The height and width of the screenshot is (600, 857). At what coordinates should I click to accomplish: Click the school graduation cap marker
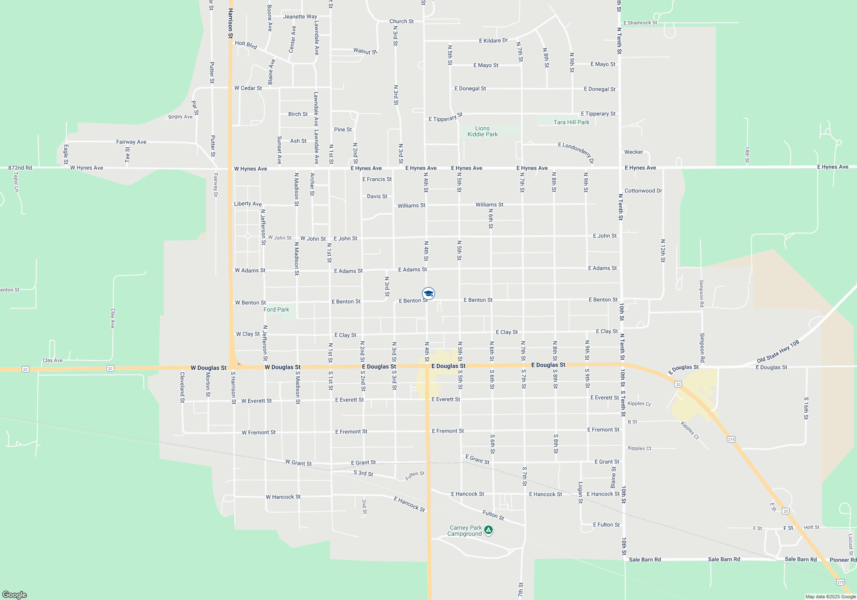[428, 294]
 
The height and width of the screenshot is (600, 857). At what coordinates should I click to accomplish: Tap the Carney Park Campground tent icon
[488, 530]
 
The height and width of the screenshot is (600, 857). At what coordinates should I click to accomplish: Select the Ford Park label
[276, 309]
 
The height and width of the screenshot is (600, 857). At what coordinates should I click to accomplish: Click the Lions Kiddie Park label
[482, 131]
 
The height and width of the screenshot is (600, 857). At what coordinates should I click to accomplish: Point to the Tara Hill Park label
[571, 122]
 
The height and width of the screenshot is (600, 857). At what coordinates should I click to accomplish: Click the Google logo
[15, 595]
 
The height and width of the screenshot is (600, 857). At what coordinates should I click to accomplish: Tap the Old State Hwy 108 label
[778, 351]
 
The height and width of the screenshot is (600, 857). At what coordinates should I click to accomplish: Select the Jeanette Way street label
[300, 17]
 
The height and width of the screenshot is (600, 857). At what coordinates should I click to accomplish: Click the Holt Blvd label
[246, 45]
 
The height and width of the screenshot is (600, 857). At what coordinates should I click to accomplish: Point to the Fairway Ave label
[131, 142]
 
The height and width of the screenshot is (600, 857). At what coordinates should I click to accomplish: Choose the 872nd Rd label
[20, 168]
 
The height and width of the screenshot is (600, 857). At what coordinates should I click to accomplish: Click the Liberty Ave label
[248, 204]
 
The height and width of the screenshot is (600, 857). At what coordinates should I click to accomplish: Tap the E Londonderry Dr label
[576, 153]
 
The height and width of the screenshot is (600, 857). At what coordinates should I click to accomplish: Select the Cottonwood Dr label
[643, 191]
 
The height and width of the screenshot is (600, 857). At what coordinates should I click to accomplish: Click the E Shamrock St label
[640, 23]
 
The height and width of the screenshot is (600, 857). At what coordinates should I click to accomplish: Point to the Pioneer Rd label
[843, 560]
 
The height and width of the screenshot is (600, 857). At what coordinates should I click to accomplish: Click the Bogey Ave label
[180, 117]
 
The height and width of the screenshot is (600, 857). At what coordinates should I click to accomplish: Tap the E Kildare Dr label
[493, 41]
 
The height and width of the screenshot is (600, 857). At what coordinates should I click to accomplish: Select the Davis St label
[377, 196]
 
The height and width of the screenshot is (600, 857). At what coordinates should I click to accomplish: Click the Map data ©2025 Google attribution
[830, 597]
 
